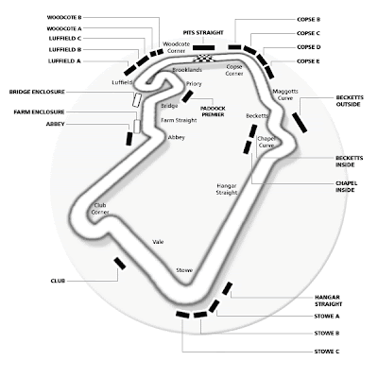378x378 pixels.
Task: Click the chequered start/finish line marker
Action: point(203,59)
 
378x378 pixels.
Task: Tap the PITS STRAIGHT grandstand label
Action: point(203,33)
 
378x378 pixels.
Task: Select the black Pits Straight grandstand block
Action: point(203,47)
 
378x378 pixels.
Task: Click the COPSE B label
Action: point(308,20)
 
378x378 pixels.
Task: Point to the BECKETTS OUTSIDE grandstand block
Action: point(300,123)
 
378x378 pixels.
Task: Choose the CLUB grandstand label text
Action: point(58,281)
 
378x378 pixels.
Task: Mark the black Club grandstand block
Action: point(120,264)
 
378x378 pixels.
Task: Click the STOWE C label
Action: point(327,352)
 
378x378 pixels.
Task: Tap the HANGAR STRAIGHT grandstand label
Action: point(328,301)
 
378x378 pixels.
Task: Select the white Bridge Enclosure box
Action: point(136,100)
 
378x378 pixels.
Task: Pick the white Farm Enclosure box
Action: point(137,127)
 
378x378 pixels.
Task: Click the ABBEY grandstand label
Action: point(55,124)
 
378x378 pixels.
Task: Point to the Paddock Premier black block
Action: point(187,96)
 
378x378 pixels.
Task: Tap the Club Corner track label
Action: point(100,209)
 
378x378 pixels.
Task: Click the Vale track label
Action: point(158,242)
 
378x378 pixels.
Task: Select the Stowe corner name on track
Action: point(184,270)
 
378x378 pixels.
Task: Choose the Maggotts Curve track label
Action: point(285,94)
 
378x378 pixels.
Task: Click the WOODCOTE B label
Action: point(64,18)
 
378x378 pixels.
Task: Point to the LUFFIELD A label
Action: point(64,61)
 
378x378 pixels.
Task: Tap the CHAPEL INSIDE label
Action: point(346,186)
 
